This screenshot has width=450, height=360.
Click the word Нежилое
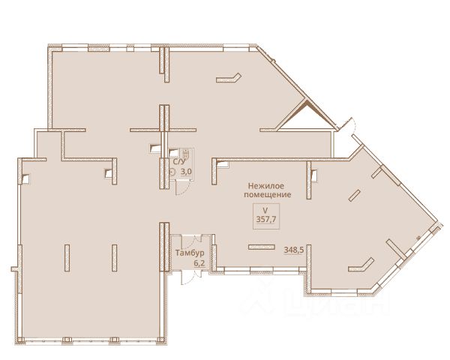[x=266, y=186]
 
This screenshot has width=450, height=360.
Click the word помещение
[x=267, y=195]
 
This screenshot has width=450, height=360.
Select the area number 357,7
[x=266, y=220]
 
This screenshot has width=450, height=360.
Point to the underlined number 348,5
[x=293, y=250]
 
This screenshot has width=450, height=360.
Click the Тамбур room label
[x=190, y=253]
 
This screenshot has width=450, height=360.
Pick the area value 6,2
[x=199, y=263]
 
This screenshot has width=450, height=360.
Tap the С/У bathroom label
[x=178, y=162]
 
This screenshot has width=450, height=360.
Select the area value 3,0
[x=186, y=172]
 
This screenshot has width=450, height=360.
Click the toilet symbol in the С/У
[x=186, y=153]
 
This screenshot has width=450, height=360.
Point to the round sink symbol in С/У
[x=172, y=172]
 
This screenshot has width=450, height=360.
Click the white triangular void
[x=305, y=118]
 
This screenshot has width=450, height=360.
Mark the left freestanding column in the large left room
[x=67, y=258]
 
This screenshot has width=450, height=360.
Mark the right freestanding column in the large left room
[x=115, y=258]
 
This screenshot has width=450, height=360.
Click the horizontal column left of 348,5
[x=262, y=247]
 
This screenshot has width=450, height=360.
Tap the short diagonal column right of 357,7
[x=354, y=196]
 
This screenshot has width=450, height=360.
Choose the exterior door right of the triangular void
[x=347, y=124]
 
